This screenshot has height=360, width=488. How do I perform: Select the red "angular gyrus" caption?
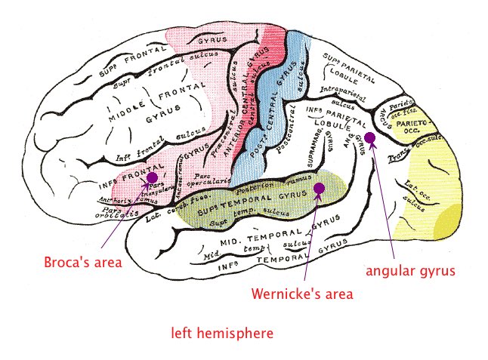(x=410, y=270)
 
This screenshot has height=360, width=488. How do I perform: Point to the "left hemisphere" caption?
(x=222, y=332)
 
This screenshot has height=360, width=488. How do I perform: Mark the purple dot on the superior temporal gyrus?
(x=319, y=189)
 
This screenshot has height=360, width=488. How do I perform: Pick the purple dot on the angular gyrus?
(x=370, y=137)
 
